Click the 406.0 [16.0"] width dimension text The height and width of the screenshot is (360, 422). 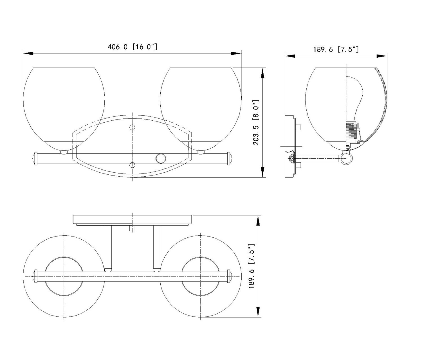click(132, 47)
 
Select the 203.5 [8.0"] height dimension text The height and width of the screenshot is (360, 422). click(256, 122)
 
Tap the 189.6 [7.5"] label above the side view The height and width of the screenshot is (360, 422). click(336, 49)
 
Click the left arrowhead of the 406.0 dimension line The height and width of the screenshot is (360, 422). click(28, 53)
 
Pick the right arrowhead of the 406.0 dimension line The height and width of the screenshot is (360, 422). click(236, 53)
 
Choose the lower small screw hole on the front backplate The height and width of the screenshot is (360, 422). click(132, 165)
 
